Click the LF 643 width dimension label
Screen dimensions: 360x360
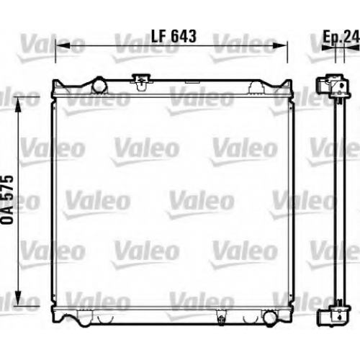(x=174, y=36)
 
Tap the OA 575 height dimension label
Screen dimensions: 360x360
(x=7, y=200)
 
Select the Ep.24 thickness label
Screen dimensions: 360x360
(x=341, y=37)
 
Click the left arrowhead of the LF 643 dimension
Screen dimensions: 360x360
(x=63, y=45)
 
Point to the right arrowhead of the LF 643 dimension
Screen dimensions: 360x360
(x=280, y=45)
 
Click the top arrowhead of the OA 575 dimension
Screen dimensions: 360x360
(x=18, y=104)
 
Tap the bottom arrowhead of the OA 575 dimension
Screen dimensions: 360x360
(x=18, y=298)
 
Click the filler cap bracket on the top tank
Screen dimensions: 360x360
(x=142, y=82)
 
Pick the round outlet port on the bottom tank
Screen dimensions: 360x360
(x=270, y=318)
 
